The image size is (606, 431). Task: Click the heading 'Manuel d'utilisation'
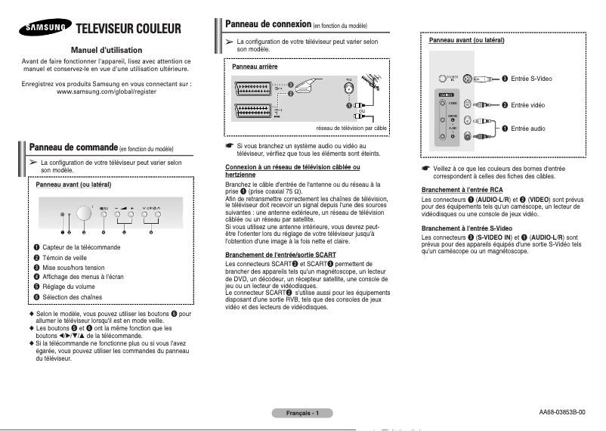107,49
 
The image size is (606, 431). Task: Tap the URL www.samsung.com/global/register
107,91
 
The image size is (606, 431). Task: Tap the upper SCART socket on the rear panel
252,88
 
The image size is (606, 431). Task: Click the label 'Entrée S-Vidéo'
531,79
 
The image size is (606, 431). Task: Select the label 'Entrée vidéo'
527,104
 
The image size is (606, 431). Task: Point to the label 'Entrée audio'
527,129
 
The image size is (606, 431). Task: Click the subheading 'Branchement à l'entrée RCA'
462,189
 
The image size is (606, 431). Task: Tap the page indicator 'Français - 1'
302,413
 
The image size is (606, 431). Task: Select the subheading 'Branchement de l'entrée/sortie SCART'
280,255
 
